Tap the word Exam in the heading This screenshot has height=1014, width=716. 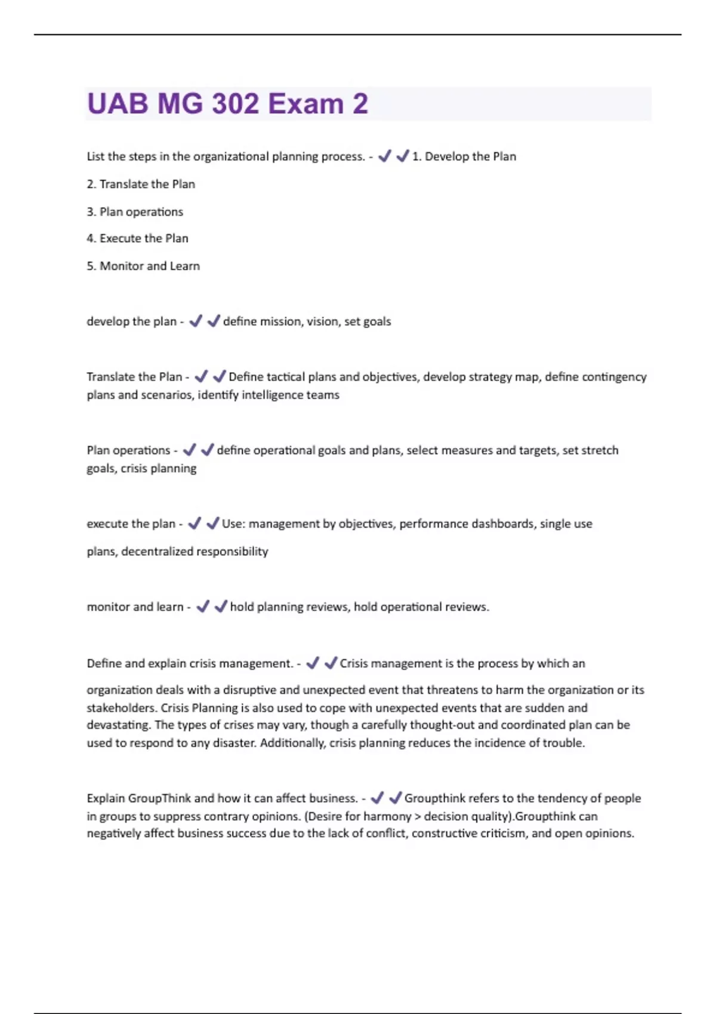[x=305, y=104]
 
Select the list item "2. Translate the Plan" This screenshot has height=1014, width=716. [x=141, y=184]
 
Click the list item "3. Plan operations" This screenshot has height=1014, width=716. [x=135, y=212]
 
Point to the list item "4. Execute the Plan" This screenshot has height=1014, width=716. [x=137, y=239]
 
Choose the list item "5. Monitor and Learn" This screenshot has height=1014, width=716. [x=143, y=266]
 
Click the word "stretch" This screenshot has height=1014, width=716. [x=601, y=450]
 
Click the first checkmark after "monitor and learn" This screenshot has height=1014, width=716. [x=203, y=607]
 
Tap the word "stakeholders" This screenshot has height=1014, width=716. [x=121, y=708]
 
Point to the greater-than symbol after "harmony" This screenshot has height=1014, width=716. [x=418, y=817]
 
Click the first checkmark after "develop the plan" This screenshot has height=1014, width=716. [x=196, y=321]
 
